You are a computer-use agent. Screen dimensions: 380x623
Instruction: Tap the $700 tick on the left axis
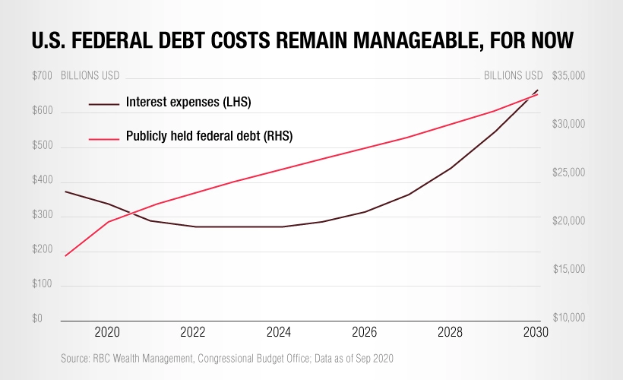[43, 76]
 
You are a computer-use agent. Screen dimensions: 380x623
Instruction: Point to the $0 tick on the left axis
[37, 319]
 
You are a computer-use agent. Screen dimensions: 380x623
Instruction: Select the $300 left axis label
[43, 216]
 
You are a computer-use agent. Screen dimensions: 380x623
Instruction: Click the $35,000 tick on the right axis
[568, 76]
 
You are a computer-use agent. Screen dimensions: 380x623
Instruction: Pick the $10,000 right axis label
[568, 319]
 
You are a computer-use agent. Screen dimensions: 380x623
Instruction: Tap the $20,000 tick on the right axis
[568, 222]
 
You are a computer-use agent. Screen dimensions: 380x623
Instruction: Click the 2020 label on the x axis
[106, 332]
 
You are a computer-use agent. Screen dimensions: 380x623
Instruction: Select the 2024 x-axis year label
[279, 332]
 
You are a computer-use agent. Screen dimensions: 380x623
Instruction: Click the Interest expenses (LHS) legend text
[188, 102]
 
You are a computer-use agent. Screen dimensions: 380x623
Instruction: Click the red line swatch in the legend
[104, 137]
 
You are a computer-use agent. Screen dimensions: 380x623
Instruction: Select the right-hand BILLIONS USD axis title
[513, 76]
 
